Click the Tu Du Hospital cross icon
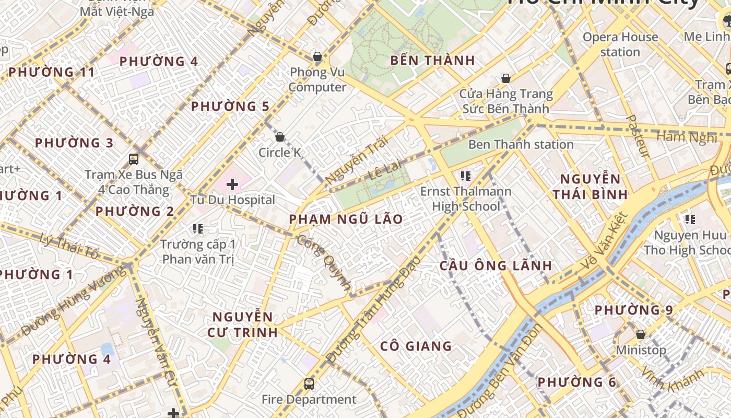(232, 184)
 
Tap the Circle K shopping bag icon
(280, 137)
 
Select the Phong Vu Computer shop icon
(317, 56)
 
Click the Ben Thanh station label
(521, 144)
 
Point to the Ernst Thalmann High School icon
(466, 176)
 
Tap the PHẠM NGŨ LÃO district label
(346, 219)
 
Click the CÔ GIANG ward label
(416, 346)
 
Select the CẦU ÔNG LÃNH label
(496, 265)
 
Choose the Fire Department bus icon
(309, 384)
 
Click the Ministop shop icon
(641, 334)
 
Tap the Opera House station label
(620, 44)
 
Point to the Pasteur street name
(638, 136)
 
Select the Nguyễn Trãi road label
(357, 160)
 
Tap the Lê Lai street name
(385, 170)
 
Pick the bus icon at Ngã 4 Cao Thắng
(134, 159)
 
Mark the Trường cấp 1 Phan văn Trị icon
(197, 228)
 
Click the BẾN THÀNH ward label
(433, 61)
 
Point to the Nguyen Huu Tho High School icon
(690, 219)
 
